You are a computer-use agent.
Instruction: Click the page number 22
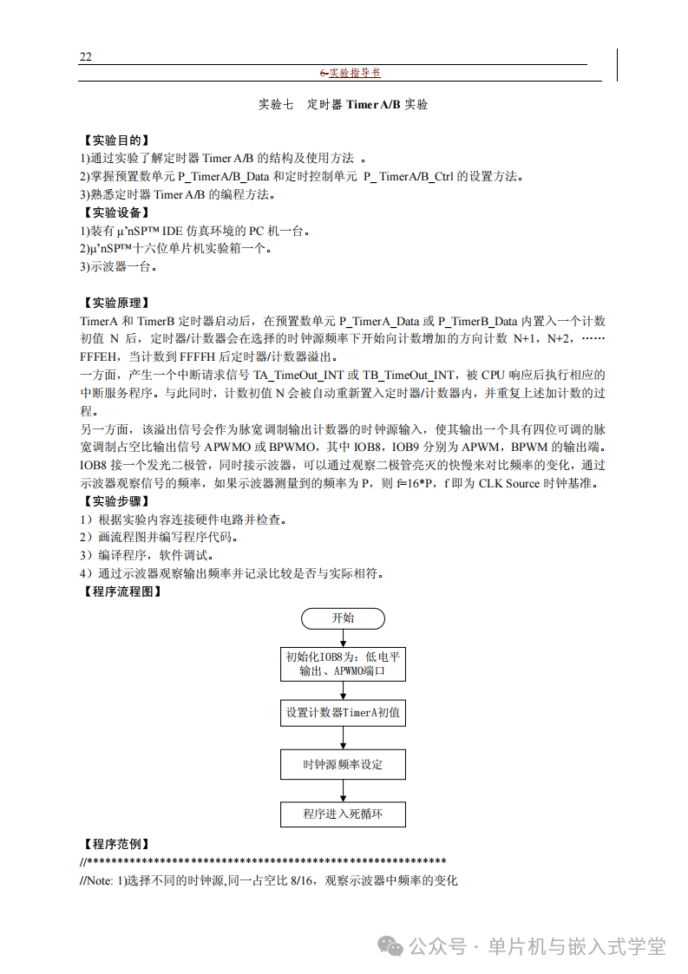tap(86, 57)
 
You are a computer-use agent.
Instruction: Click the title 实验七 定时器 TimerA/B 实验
tap(344, 105)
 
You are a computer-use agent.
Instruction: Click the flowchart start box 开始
tap(344, 618)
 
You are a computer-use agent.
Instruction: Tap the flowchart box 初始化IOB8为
tap(344, 663)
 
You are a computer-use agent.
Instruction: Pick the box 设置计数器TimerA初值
tap(344, 714)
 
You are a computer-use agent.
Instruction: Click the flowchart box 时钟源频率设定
tap(344, 764)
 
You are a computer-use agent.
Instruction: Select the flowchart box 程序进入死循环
tap(344, 814)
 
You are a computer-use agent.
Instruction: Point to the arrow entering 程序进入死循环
tap(344, 790)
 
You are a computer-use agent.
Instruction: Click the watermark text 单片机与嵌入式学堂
tap(577, 946)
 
